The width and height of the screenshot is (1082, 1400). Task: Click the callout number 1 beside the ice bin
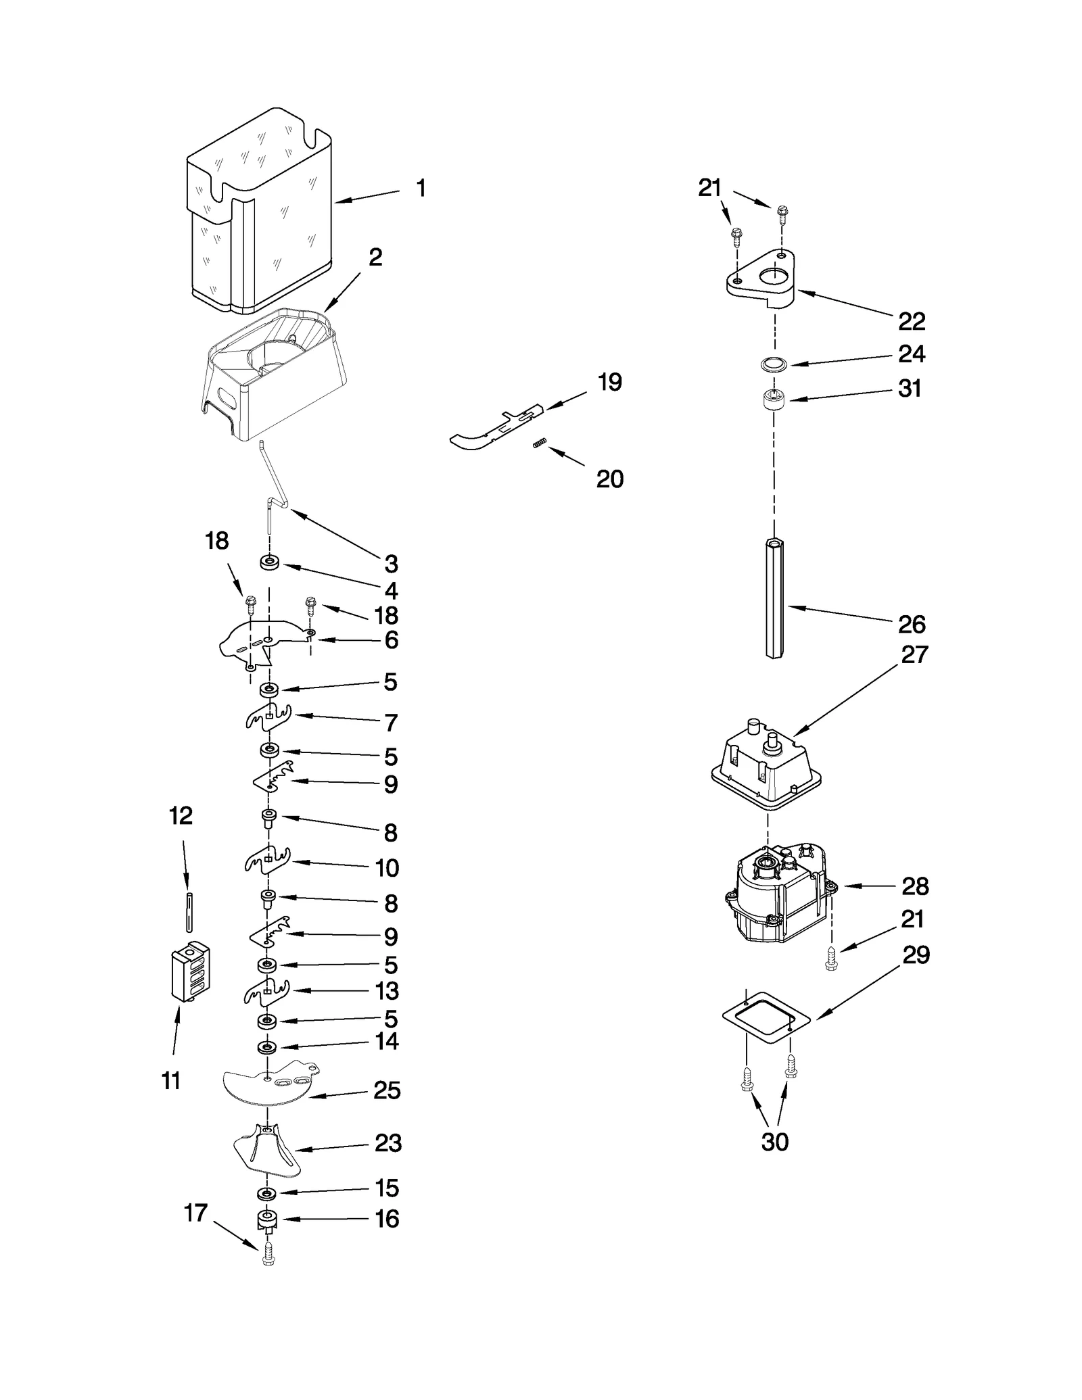click(x=421, y=188)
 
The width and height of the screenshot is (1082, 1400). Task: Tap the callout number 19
click(x=609, y=382)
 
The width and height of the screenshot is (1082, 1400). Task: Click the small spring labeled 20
click(x=539, y=443)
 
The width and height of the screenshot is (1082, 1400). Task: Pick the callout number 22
click(x=911, y=321)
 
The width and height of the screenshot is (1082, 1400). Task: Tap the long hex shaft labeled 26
click(x=774, y=598)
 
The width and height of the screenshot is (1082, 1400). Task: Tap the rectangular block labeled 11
click(x=191, y=971)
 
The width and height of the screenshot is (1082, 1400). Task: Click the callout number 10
click(x=387, y=867)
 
